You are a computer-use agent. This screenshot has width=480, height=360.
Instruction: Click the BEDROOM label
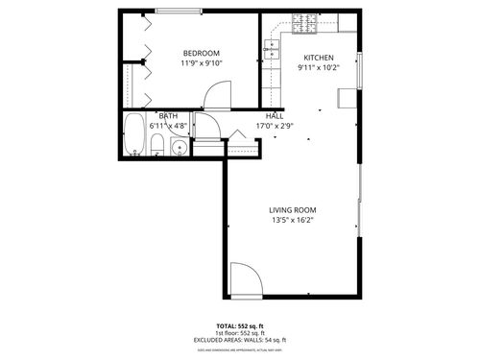(x=202, y=53)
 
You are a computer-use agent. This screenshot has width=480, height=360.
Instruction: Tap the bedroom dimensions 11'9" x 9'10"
(x=202, y=63)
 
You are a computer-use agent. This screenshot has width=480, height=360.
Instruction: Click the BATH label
(x=168, y=116)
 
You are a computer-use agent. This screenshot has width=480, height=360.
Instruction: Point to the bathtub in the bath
(x=133, y=135)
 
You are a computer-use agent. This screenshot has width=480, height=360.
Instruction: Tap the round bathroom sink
(x=179, y=148)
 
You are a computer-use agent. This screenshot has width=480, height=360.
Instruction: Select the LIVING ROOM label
(x=292, y=209)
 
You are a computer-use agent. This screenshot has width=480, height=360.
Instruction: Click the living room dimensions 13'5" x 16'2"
(x=292, y=220)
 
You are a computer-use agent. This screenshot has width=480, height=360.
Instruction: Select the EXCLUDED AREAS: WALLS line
(x=240, y=341)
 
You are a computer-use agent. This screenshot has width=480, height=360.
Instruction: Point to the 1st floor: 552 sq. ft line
(x=240, y=334)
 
